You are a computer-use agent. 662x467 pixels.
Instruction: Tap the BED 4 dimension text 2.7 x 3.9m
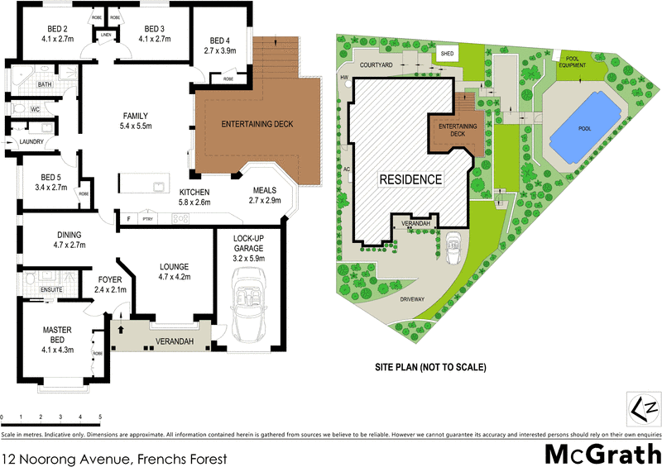219,50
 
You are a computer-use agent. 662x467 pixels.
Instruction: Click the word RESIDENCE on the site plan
411,179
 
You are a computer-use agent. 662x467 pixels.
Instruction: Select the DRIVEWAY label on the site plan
410,299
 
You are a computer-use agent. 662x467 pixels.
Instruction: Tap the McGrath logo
601,454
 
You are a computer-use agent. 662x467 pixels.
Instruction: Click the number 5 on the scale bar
100,417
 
